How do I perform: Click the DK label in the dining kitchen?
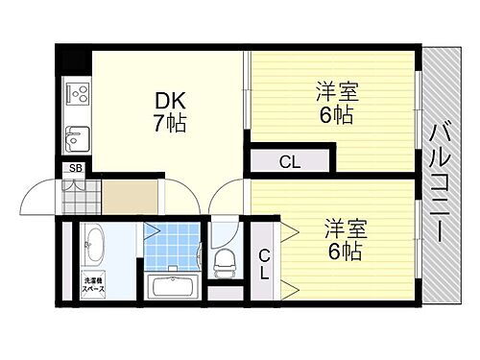(165, 100)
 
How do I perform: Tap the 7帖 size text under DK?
(168, 123)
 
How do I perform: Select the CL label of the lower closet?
(265, 263)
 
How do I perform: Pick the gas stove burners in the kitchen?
(76, 96)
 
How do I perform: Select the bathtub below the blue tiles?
(174, 285)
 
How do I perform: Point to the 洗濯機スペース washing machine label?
(93, 285)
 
